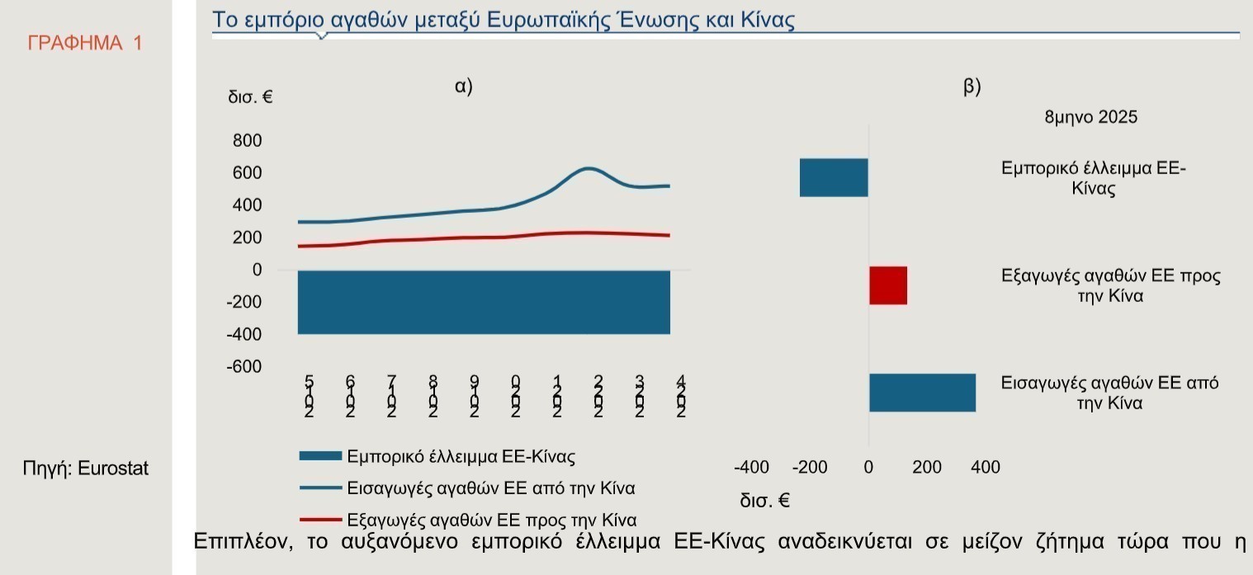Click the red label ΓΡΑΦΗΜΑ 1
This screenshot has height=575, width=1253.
pos(84,43)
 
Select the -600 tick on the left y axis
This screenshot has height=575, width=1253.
pos(244,366)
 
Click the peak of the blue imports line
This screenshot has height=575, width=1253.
pos(588,168)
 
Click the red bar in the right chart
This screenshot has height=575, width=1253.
pos(888,285)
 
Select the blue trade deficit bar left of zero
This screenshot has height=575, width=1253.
pos(834,177)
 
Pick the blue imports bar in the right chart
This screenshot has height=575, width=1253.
pos(922,393)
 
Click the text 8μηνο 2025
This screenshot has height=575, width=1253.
pos(1090,117)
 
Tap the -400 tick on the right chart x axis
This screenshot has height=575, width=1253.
pos(751,468)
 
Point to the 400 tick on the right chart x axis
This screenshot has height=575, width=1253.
pos(985,468)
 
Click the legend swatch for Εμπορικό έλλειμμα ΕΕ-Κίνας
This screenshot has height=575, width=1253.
pos(319,455)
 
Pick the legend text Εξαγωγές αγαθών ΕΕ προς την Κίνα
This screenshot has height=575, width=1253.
pos(491,520)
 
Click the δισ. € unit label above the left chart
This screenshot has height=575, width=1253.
pos(250,97)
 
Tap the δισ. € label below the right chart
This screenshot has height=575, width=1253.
pos(764,500)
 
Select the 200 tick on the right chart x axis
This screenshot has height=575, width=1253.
pos(927,468)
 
